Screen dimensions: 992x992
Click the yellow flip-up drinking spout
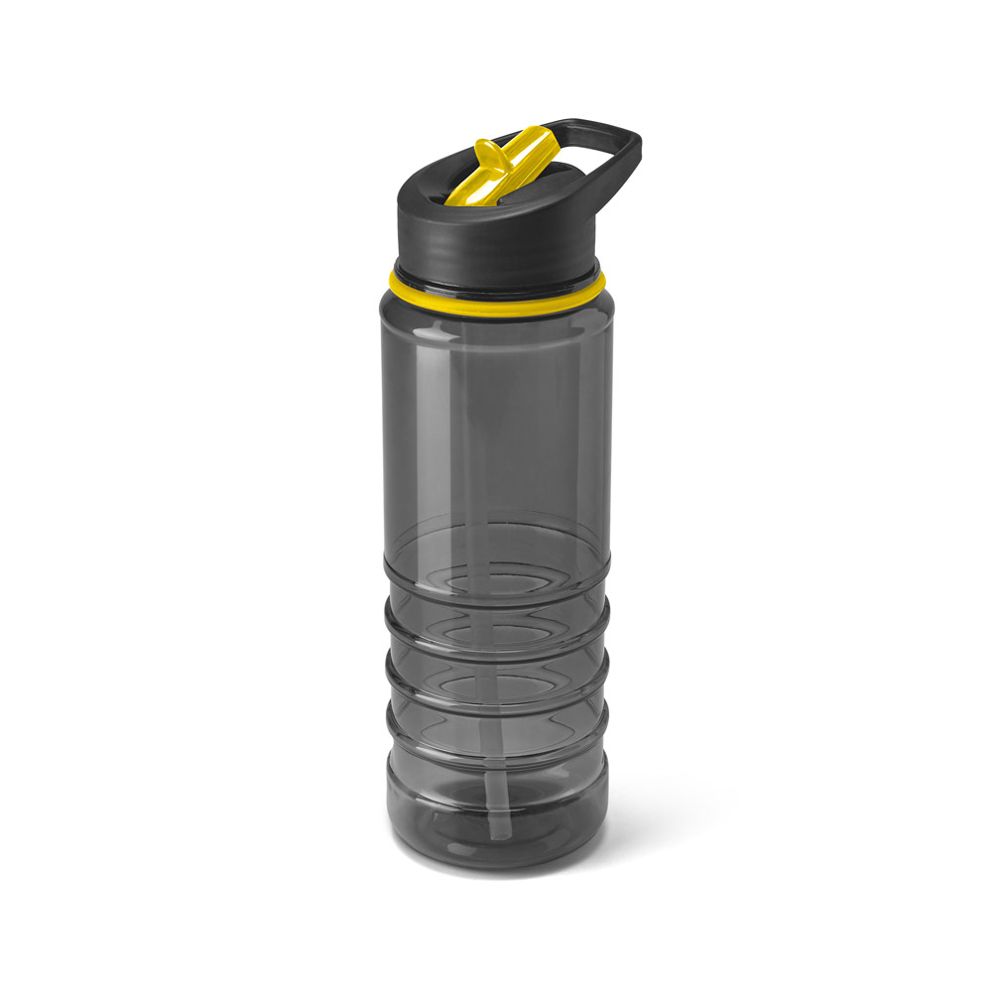coord(506,164)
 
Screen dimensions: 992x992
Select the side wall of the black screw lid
coord(496,243)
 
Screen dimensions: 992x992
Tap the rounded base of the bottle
coord(496,843)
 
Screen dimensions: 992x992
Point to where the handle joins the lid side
coord(595,198)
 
